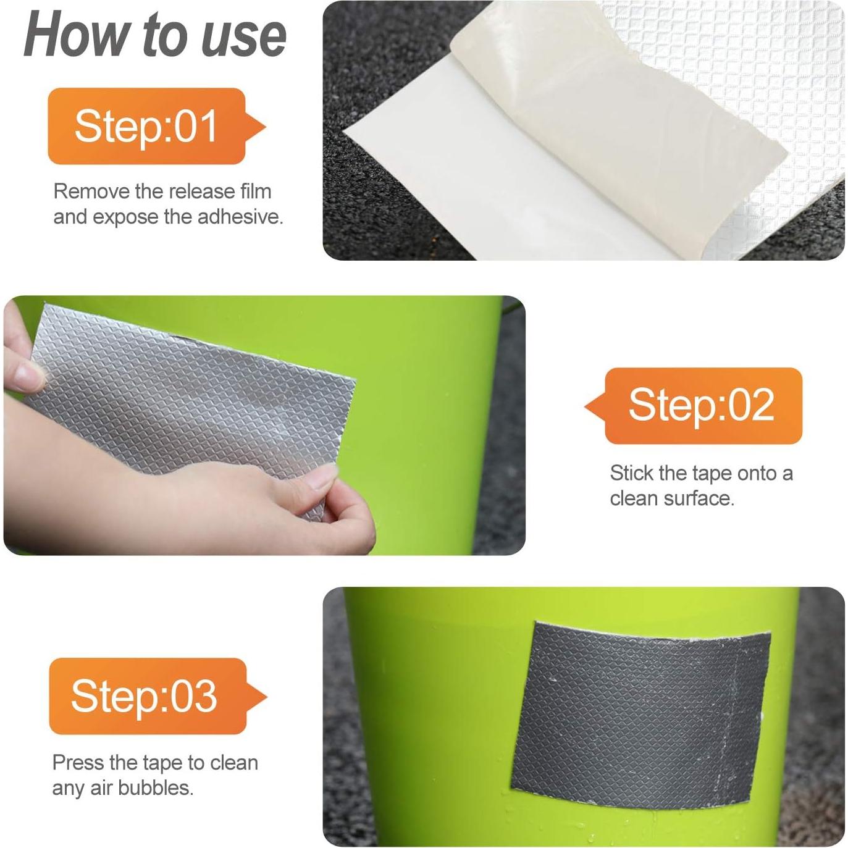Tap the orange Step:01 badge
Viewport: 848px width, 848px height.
pyautogui.click(x=146, y=127)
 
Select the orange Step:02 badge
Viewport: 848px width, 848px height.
pyautogui.click(x=702, y=406)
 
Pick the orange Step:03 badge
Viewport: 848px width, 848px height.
pyautogui.click(x=146, y=696)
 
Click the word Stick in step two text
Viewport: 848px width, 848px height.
pyautogui.click(x=631, y=474)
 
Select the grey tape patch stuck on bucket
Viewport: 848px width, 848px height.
pyautogui.click(x=642, y=710)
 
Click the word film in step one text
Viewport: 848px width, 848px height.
pyautogui.click(x=254, y=191)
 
